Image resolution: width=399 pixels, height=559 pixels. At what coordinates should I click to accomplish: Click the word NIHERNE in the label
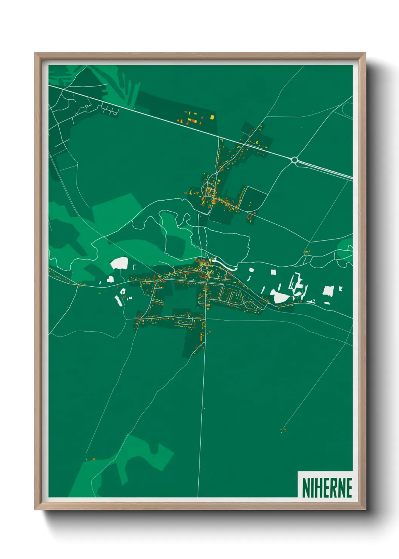pos(327,488)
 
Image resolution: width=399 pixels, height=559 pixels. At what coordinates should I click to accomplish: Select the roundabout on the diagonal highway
pos(295,160)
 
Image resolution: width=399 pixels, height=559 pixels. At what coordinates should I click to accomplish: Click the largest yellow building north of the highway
pos(212,117)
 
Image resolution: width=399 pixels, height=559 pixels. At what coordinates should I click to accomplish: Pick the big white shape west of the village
pos(120,263)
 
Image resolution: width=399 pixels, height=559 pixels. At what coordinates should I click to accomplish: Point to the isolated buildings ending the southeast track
pos(282,430)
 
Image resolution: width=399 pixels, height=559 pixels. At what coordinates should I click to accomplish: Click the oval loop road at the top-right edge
pos(347,109)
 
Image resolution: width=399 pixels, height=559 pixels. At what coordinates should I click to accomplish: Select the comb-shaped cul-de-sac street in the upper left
pos(110,110)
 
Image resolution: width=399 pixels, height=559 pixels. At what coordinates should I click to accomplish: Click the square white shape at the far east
pos(328,291)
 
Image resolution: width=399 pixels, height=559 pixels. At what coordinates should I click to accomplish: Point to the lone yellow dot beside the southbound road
pos(204,408)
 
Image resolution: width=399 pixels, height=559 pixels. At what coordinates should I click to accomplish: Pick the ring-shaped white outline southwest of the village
pos(123,291)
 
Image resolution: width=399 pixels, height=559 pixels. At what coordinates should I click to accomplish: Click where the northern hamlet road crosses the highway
pos(244,144)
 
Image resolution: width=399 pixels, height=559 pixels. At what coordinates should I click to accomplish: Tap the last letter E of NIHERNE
pos(348,488)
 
